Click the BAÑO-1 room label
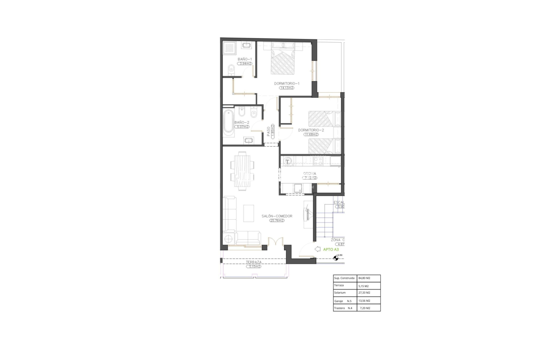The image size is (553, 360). (244, 59)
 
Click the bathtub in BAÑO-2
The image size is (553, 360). (228, 123)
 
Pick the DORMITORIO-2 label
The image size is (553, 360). (311, 130)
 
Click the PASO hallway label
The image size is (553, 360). (268, 132)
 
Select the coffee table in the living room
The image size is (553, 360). (249, 214)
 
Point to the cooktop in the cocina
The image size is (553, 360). (318, 160)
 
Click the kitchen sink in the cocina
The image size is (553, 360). (298, 188)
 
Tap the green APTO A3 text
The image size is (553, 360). (331, 249)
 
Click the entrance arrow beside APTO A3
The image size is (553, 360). (317, 249)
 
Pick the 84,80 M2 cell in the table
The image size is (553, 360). (364, 278)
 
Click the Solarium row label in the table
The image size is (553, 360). (340, 293)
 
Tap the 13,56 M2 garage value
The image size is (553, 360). (364, 300)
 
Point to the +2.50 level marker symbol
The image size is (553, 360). (335, 258)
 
